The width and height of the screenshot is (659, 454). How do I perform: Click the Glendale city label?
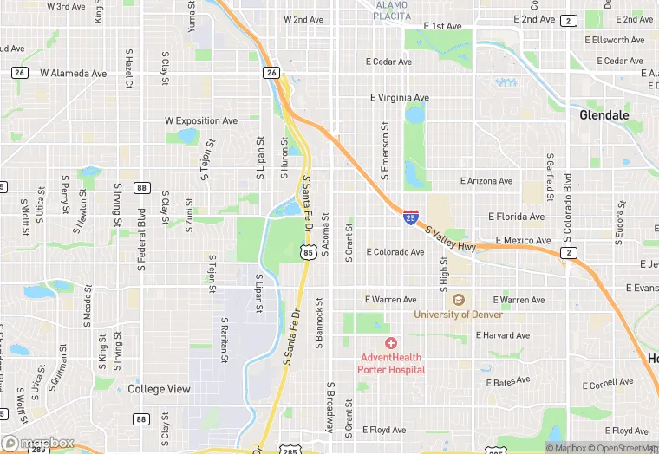pyautogui.click(x=604, y=114)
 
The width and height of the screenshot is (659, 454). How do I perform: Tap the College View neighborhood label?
pyautogui.click(x=159, y=389)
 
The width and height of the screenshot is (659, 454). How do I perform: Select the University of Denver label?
pyautogui.click(x=458, y=315)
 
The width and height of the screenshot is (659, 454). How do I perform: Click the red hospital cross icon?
pyautogui.click(x=391, y=344)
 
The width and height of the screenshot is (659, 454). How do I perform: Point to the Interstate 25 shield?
pyautogui.click(x=409, y=216)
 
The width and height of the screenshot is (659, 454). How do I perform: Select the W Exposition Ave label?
pyautogui.click(x=201, y=120)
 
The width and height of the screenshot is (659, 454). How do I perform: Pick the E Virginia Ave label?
pyautogui.click(x=399, y=98)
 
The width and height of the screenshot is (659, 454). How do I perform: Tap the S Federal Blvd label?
pyautogui.click(x=140, y=238)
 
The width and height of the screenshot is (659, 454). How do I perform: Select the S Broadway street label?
pyautogui.click(x=330, y=407)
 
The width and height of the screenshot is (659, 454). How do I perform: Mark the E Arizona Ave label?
pyautogui.click(x=486, y=181)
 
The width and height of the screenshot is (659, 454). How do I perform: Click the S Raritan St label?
pyautogui.click(x=225, y=338)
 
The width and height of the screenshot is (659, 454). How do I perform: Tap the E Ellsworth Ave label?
pyautogui.click(x=614, y=40)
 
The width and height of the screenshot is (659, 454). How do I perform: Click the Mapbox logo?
pyautogui.click(x=39, y=442)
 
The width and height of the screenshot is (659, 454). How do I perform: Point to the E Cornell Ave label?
pyautogui.click(x=608, y=382)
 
